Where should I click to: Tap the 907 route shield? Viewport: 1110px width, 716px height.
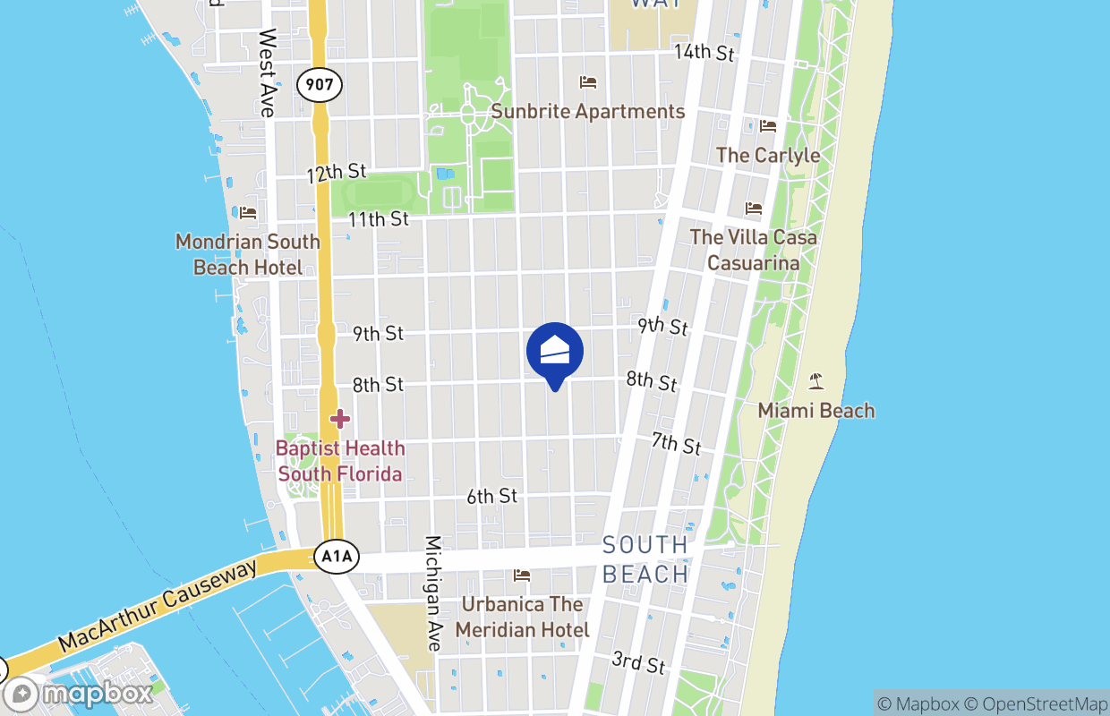(320, 85)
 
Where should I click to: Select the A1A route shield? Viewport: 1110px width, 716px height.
(337, 558)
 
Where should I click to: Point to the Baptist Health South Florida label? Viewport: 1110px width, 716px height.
(339, 461)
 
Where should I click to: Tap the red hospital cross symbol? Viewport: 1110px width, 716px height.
(339, 418)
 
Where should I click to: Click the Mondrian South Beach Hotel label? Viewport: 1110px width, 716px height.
(248, 254)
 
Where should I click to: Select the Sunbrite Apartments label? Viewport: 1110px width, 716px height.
(587, 112)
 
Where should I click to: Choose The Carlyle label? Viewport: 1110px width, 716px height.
(768, 155)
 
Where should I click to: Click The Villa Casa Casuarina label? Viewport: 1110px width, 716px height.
(753, 250)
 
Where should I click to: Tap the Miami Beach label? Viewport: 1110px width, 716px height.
(815, 411)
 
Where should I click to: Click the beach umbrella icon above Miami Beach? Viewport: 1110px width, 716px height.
(815, 381)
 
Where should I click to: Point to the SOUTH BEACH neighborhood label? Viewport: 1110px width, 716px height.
(645, 559)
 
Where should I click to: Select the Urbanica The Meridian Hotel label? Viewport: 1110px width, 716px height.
(522, 618)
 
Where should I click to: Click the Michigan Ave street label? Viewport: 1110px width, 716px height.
(433, 592)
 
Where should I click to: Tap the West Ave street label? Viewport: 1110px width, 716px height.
(267, 72)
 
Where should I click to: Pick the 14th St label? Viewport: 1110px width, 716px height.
(704, 52)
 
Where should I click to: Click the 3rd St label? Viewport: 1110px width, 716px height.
(639, 663)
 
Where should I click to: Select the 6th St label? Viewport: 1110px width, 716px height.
(491, 496)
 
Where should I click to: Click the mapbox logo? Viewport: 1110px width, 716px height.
(79, 694)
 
